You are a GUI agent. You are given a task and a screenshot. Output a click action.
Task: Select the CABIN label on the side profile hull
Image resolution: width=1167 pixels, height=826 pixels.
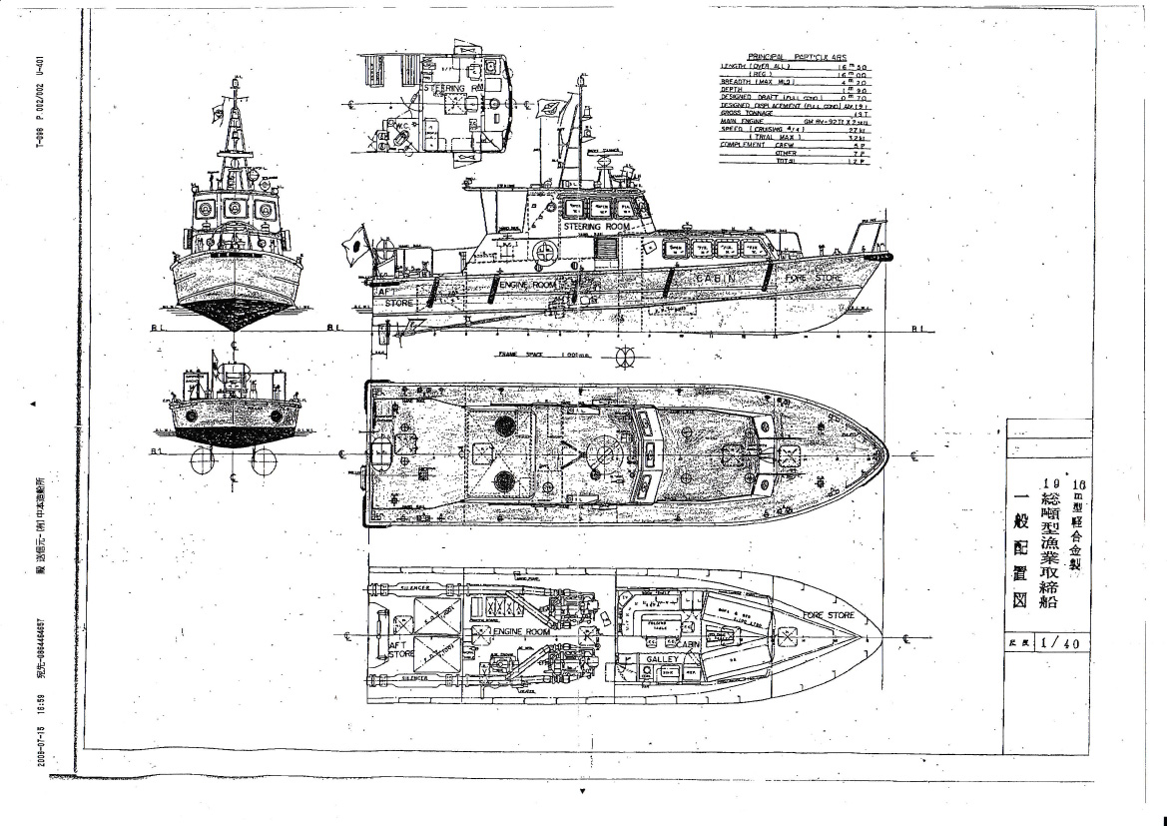(x=718, y=279)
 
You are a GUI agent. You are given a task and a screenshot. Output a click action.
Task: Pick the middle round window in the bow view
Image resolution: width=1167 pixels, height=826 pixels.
(x=233, y=209)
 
